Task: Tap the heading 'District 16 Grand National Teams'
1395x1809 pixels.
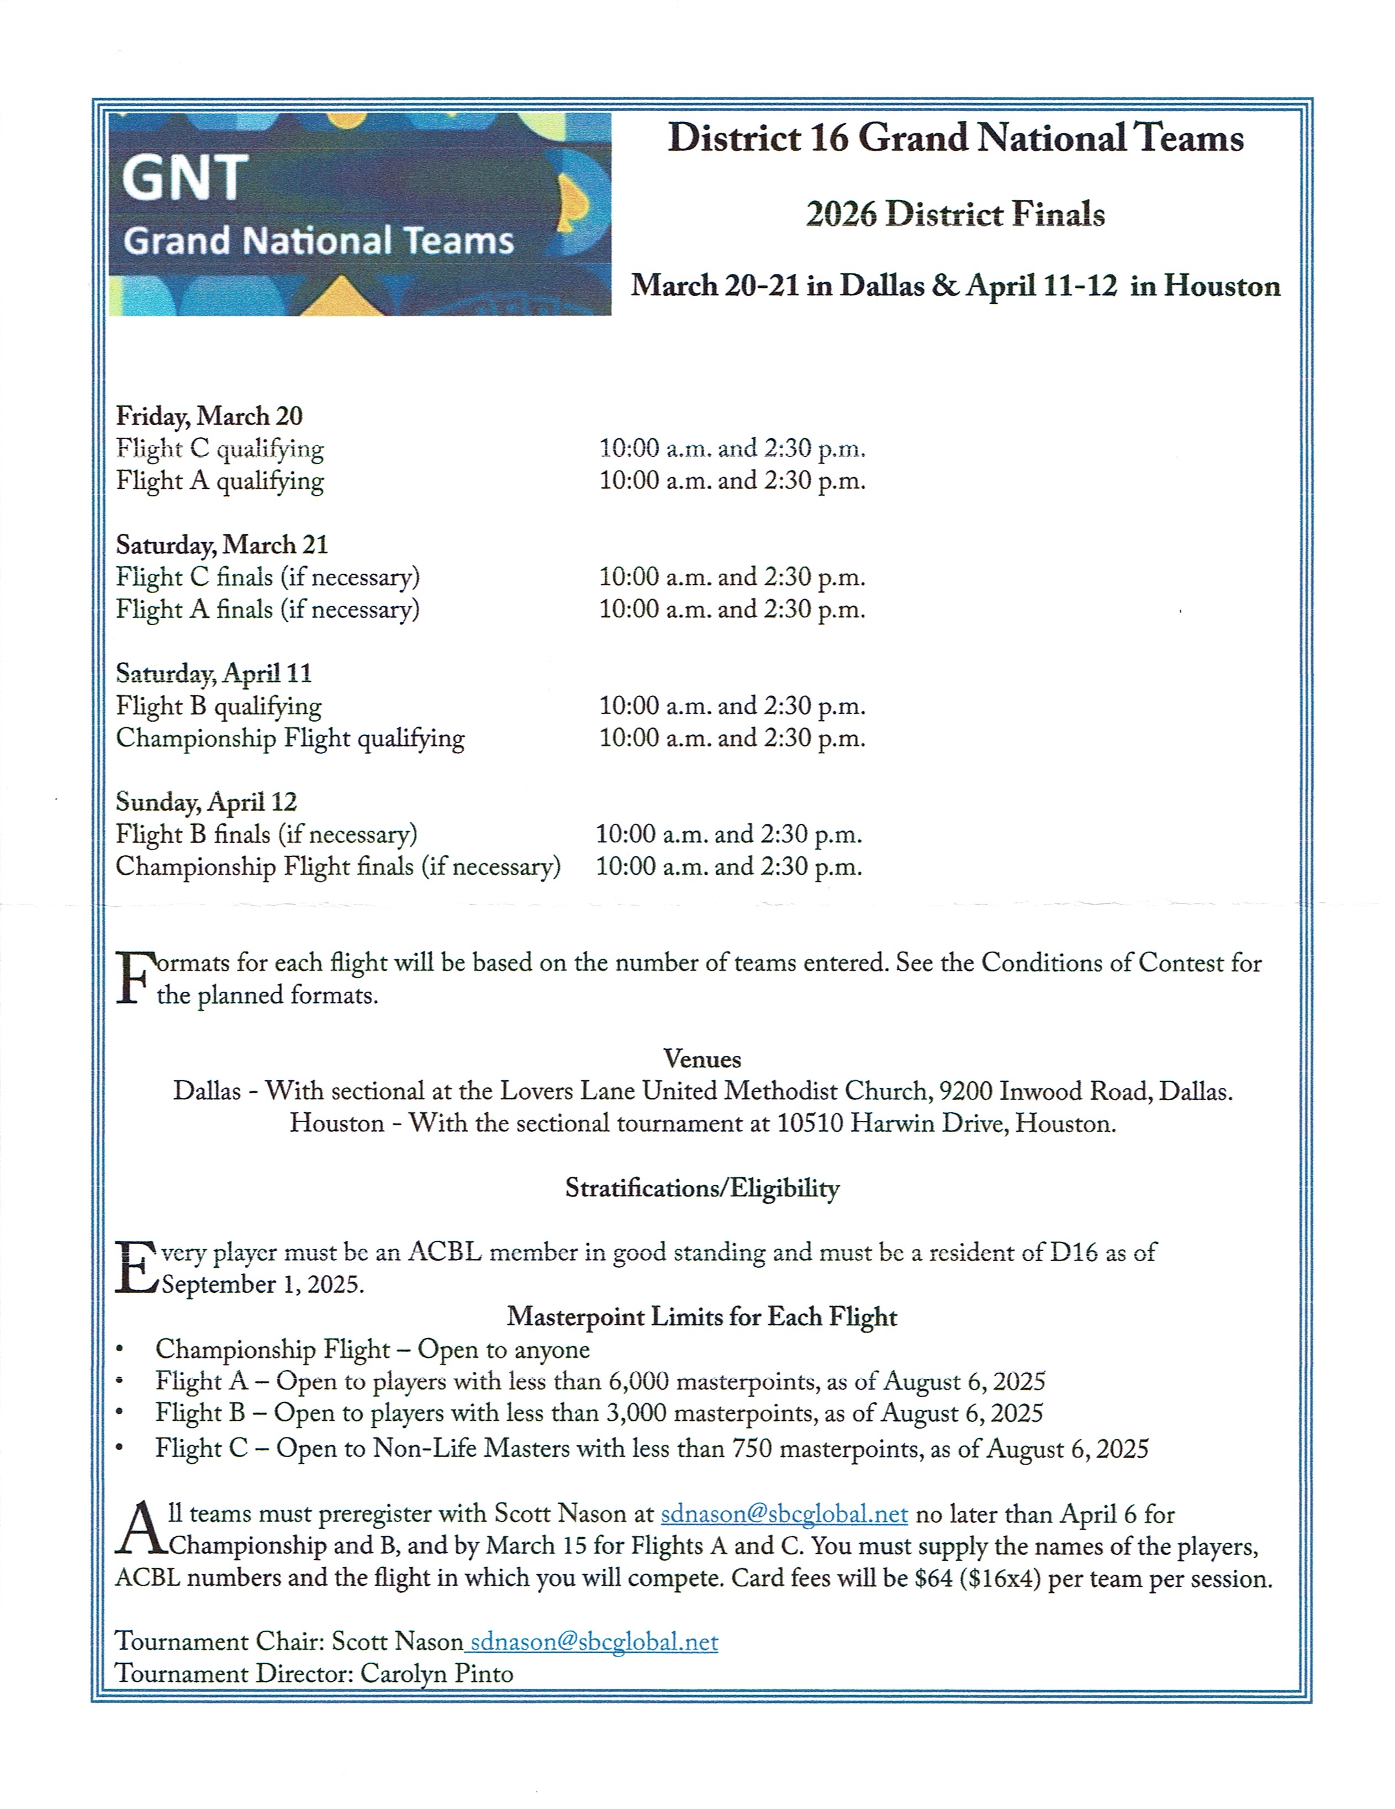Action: tap(955, 137)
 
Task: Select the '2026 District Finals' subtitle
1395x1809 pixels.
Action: tap(955, 214)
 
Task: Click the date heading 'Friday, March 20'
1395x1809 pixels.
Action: tap(209, 415)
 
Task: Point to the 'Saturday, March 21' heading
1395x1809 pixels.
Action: tap(222, 544)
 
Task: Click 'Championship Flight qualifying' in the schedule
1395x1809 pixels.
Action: tap(290, 737)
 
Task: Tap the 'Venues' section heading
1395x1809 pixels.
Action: tap(701, 1059)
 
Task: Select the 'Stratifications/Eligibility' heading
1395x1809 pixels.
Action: tap(701, 1188)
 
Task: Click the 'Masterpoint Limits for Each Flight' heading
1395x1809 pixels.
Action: tap(701, 1316)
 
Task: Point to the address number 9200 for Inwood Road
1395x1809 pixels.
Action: tap(965, 1091)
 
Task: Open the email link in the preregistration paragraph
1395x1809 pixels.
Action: tap(784, 1514)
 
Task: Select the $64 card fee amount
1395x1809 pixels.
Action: tap(933, 1578)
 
